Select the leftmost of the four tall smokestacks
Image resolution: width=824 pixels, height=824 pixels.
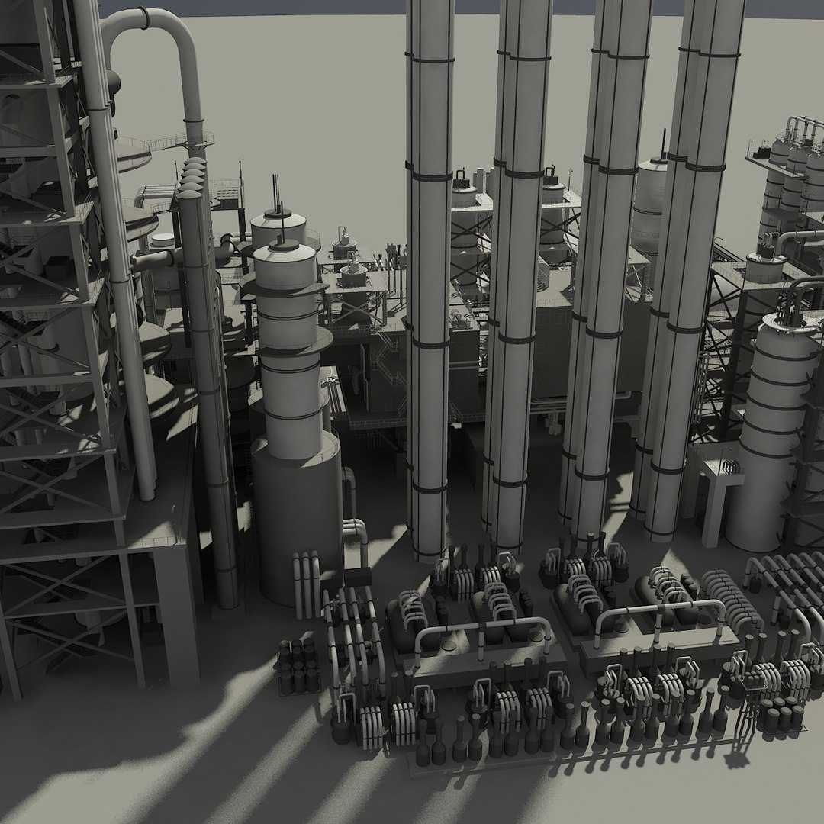tap(429, 267)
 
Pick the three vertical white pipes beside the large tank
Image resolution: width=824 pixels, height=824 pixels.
tap(307, 584)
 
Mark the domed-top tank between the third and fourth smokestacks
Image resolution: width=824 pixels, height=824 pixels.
tap(651, 191)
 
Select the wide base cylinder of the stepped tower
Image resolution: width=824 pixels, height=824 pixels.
tap(296, 519)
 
